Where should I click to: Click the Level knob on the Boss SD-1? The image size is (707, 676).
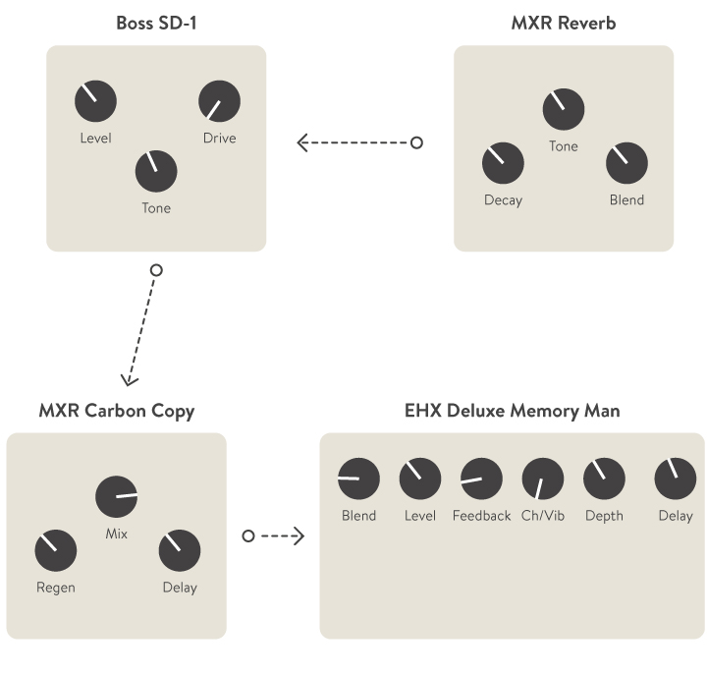[x=95, y=101]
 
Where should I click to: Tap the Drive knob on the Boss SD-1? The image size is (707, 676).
[x=219, y=101]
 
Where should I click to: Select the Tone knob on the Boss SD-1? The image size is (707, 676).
[x=156, y=171]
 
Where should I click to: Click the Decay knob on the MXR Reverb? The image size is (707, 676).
[x=503, y=163]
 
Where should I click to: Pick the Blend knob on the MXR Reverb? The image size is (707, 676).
[x=626, y=163]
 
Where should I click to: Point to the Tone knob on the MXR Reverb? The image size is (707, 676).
[x=564, y=109]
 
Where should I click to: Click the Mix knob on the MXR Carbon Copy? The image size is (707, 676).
[x=116, y=497]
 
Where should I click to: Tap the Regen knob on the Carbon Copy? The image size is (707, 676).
[x=55, y=551]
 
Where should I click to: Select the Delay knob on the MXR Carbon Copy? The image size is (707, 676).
[x=180, y=551]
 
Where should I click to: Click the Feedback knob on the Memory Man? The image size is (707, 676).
[x=481, y=479]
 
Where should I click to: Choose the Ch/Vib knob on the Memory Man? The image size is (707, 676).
[x=543, y=479]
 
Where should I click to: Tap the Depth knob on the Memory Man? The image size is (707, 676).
[x=604, y=479]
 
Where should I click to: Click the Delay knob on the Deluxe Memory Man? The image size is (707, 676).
[x=676, y=479]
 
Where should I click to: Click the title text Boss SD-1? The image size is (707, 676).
[x=156, y=23]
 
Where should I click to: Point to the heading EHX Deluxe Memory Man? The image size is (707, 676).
[x=512, y=411]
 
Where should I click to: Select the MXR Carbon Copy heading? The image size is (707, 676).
[x=116, y=411]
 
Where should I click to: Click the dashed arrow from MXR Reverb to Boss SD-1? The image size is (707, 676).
[x=357, y=143]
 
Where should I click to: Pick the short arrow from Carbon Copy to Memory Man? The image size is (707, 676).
[x=275, y=535]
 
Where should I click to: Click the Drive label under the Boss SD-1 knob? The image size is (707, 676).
[x=219, y=139]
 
